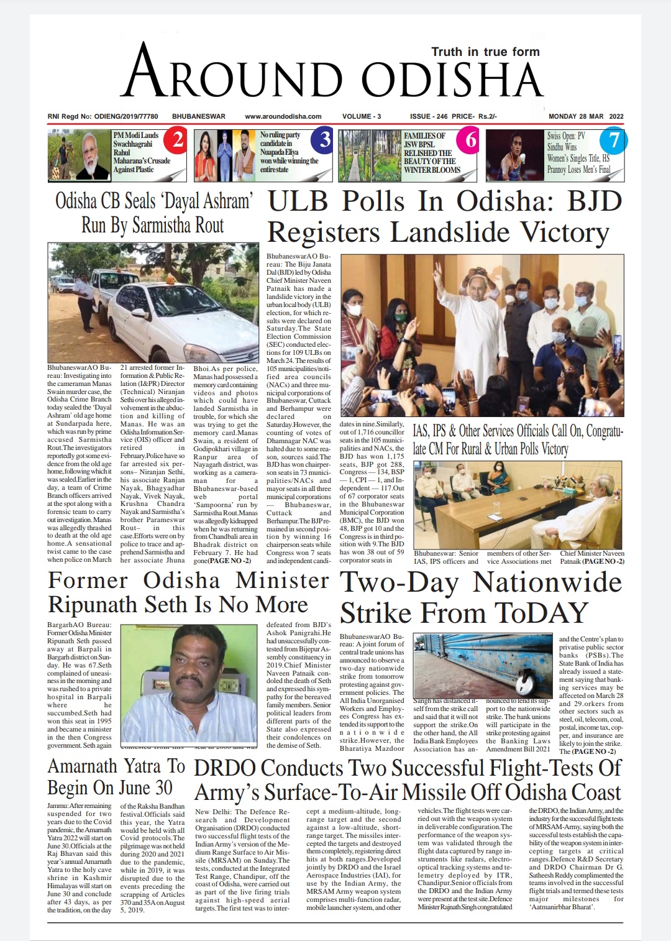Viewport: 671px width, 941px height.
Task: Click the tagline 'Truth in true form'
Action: [485, 52]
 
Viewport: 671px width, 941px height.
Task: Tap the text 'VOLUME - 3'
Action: [362, 116]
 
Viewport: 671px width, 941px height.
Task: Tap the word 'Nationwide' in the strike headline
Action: [547, 582]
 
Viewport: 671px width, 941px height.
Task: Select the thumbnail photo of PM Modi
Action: [80, 155]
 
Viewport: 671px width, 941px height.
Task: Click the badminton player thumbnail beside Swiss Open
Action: [515, 155]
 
